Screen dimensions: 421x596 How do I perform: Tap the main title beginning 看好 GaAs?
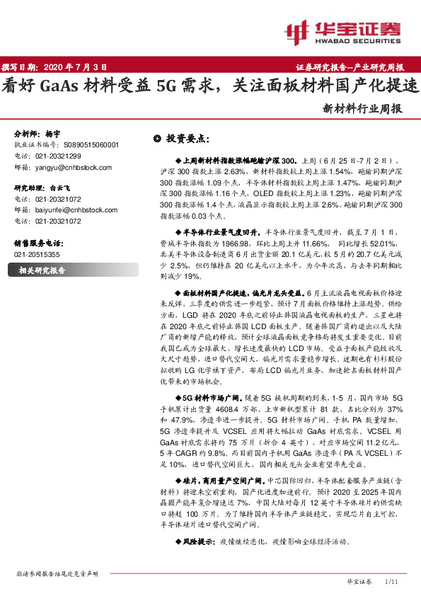tap(210, 86)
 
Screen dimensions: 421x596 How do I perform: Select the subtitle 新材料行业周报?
tap(362, 110)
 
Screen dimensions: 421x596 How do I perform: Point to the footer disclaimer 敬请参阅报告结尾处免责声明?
tap(58, 574)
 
